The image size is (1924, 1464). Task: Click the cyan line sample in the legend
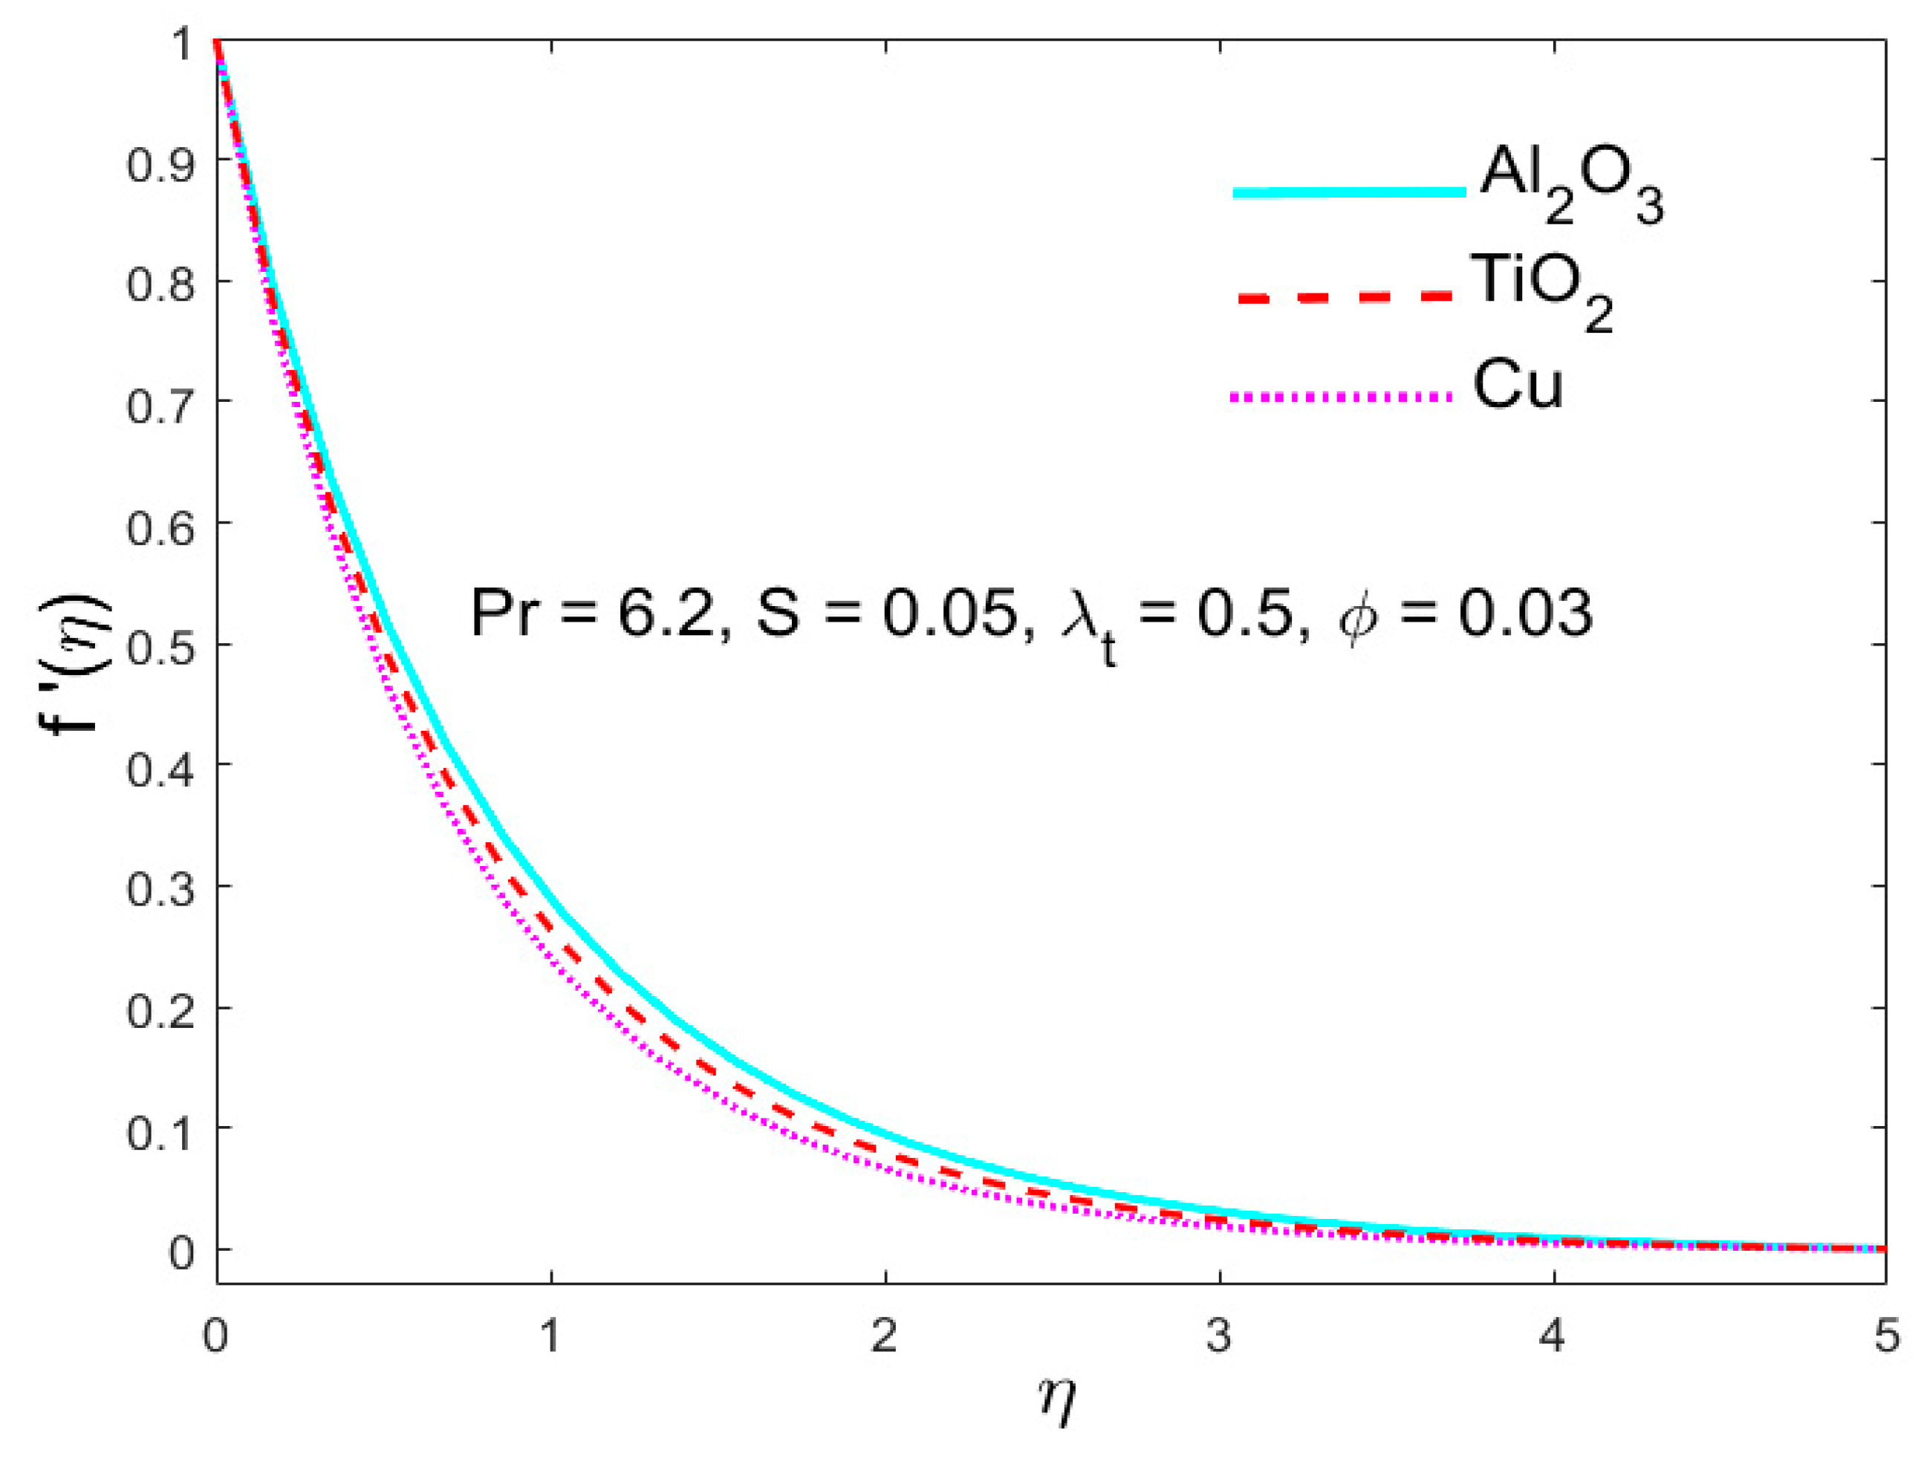(x=1349, y=192)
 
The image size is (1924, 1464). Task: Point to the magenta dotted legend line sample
(x=1342, y=397)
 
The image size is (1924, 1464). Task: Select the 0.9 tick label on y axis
(x=160, y=163)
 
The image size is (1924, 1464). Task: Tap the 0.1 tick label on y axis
(x=160, y=1132)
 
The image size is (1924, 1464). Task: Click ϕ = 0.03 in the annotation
(x=1465, y=614)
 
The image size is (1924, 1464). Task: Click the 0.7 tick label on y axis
(x=160, y=406)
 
